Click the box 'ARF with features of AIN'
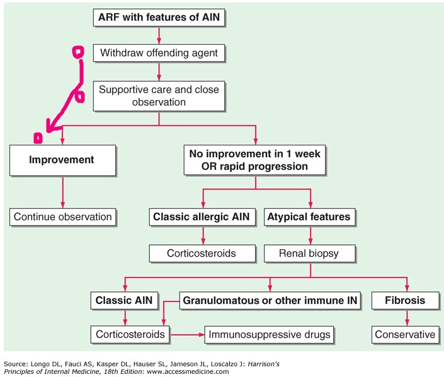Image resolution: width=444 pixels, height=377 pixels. [160, 18]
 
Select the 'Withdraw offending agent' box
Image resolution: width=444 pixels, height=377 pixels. [160, 53]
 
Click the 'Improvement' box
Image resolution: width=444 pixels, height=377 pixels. [62, 160]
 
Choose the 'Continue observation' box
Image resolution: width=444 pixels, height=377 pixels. [62, 217]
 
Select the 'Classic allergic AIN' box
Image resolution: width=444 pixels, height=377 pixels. [203, 217]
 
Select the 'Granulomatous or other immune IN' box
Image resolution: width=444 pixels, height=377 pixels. [271, 301]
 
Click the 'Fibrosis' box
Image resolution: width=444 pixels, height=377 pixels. [405, 301]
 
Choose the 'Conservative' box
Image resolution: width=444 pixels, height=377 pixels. [405, 334]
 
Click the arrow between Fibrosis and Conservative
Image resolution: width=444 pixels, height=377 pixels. [405, 318]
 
